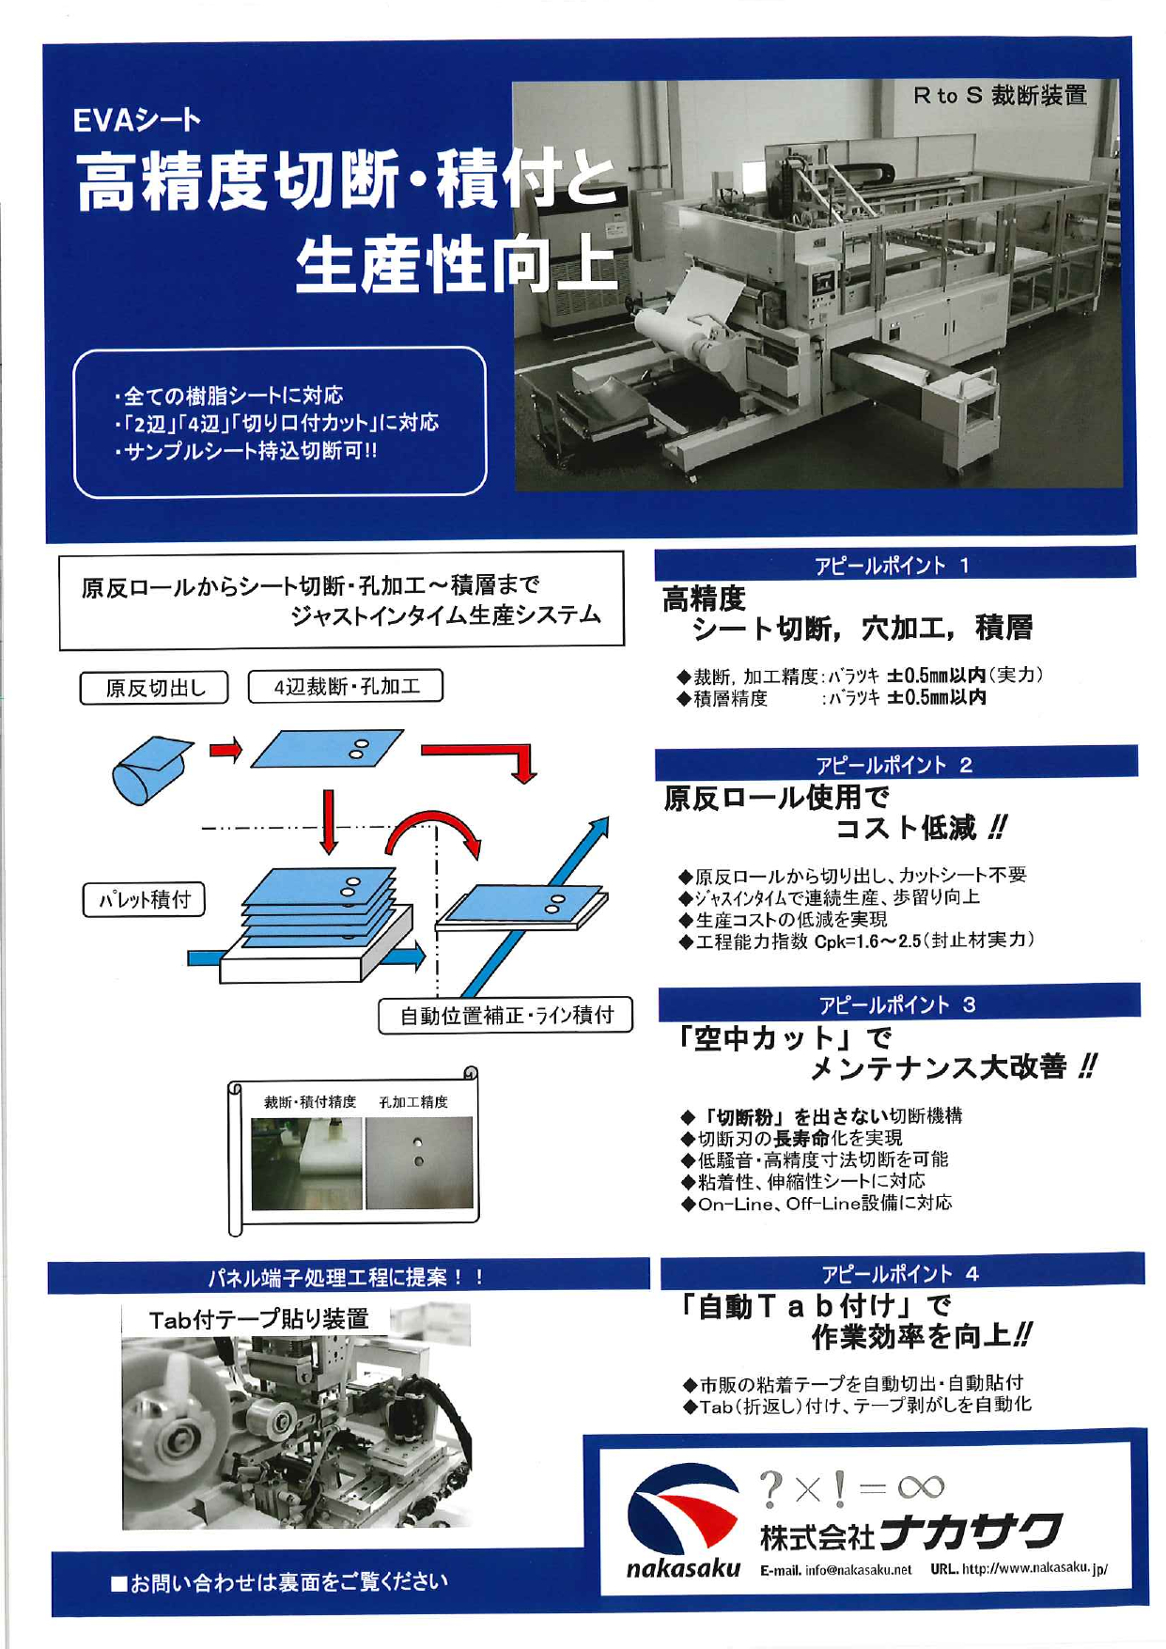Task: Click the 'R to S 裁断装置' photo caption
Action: (x=1000, y=95)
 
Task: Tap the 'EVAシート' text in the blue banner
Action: (x=137, y=120)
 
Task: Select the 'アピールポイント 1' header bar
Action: (x=894, y=565)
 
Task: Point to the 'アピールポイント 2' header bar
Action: (x=895, y=764)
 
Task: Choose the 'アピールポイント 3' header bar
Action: (x=898, y=1004)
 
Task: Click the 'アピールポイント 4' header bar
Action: (x=901, y=1273)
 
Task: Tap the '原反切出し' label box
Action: (x=155, y=688)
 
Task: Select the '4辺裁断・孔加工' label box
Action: (x=346, y=686)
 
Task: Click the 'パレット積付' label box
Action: (x=145, y=899)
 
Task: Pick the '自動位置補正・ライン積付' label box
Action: (x=505, y=1015)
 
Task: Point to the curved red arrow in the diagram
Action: (x=434, y=829)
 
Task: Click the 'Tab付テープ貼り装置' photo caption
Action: (x=258, y=1319)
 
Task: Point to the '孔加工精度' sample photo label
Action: (x=413, y=1101)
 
